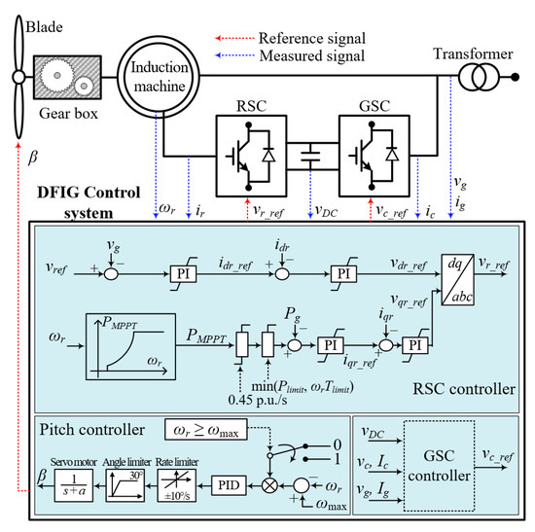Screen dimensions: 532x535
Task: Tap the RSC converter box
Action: pyautogui.click(x=244, y=151)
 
